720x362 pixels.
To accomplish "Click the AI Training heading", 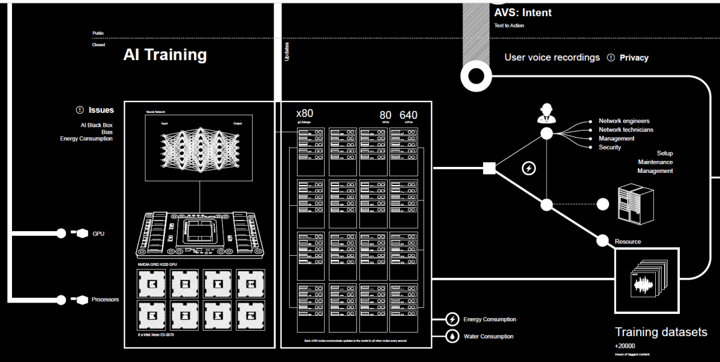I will click(165, 55).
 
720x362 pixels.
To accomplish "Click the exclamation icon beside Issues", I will click(80, 110).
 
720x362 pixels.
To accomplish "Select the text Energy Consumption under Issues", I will click(86, 139).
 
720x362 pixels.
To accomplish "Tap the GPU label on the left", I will click(98, 234).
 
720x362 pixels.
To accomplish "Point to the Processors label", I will click(105, 299).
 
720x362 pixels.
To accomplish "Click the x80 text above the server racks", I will click(305, 113).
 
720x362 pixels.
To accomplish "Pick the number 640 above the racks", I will click(408, 115).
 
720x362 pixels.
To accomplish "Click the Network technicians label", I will click(626, 130).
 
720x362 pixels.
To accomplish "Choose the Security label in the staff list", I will click(610, 147).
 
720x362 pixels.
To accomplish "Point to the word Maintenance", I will click(655, 162).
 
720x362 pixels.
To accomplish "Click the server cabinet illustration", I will click(635, 205).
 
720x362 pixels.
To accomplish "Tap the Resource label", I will click(628, 241).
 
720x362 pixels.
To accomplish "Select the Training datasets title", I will click(661, 332).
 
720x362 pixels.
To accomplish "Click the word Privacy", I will click(634, 58).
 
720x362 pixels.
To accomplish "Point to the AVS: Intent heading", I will click(523, 13).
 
